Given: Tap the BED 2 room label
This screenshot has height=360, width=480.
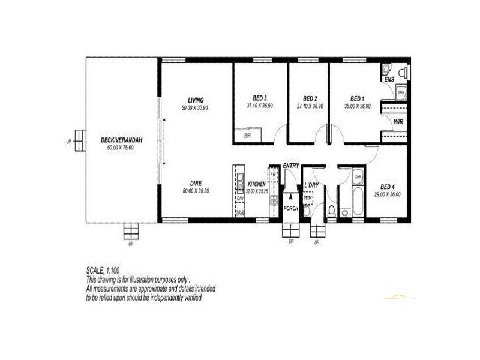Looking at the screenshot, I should click(310, 98).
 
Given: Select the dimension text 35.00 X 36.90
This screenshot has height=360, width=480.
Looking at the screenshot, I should click(357, 106).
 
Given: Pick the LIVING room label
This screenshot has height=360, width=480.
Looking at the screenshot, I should click(196, 100).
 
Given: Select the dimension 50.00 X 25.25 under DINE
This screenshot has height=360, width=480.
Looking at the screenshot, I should click(196, 191).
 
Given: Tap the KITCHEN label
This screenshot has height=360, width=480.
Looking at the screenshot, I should click(256, 184).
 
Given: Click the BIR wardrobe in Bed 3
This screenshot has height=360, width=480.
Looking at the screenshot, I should click(247, 136).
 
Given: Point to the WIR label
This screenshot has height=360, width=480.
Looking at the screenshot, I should click(398, 122).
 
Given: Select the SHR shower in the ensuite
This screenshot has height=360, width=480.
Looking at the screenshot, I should click(401, 92).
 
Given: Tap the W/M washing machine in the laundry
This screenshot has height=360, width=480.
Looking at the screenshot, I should click(308, 197).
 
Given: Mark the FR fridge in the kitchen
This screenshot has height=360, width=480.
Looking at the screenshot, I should click(272, 174).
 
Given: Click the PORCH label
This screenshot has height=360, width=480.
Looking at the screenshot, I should click(291, 208).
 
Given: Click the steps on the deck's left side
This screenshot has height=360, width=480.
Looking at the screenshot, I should click(79, 142).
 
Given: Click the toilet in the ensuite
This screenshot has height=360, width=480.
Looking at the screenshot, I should click(405, 72).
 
